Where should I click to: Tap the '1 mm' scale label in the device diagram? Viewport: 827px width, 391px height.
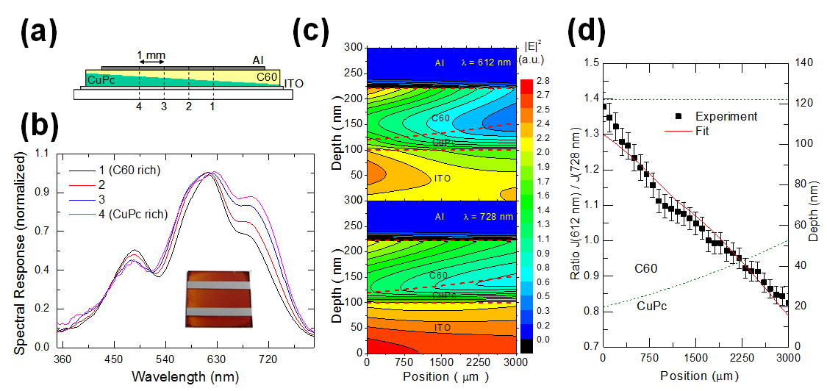tap(151, 55)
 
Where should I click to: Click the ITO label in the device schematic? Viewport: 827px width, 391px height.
tap(293, 84)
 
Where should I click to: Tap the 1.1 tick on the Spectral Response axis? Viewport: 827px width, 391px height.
tap(45, 152)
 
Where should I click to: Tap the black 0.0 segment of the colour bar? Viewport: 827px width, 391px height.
tap(529, 339)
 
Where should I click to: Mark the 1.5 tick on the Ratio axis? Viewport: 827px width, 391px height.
tap(591, 63)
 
